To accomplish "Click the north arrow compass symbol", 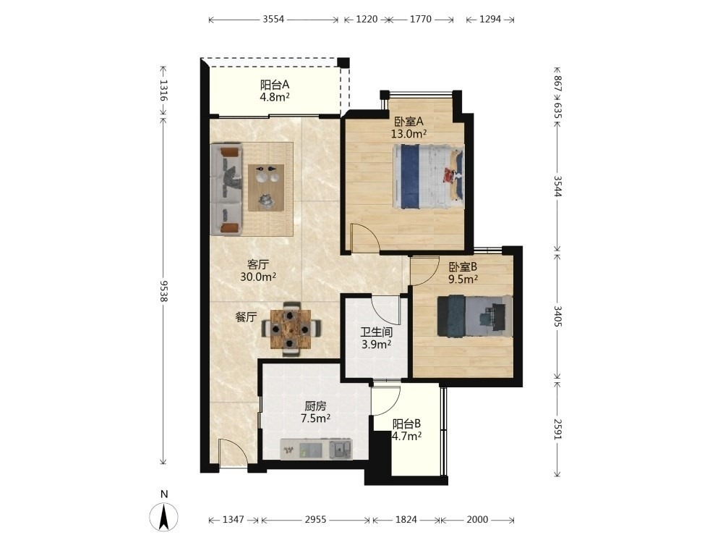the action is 163,516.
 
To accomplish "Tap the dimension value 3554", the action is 273,20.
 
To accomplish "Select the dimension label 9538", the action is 163,291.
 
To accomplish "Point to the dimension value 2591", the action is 557,429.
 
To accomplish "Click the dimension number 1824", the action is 406,520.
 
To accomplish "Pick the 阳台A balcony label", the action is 275,85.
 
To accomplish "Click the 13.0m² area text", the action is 408,134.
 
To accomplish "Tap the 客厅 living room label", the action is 258,264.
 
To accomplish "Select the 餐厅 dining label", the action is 246,317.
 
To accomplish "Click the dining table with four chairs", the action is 291,329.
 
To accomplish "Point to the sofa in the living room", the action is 226,188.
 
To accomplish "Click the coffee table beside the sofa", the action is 266,188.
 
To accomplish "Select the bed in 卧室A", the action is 428,177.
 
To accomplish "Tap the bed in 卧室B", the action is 474,316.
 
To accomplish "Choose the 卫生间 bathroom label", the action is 376,332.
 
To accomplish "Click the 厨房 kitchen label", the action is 315,406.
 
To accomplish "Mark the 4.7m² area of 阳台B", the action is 406,436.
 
